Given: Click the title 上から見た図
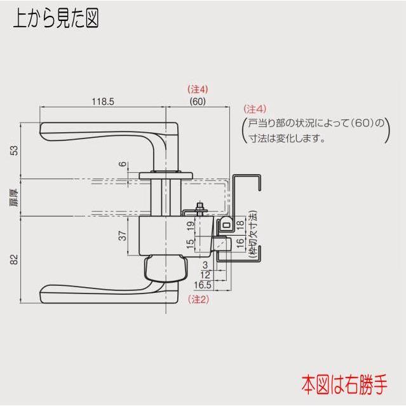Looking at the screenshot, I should [x=56, y=18].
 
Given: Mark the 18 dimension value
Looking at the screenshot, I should [x=240, y=224].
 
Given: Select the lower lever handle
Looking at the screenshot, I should [x=102, y=292].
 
